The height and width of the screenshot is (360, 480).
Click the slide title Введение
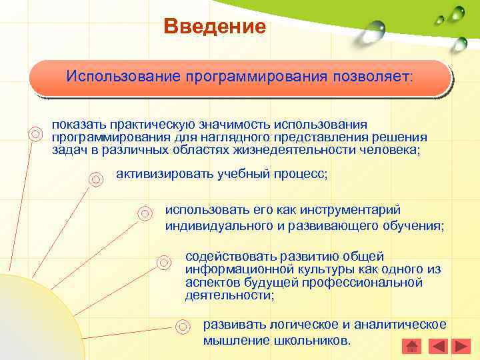[x=215, y=27]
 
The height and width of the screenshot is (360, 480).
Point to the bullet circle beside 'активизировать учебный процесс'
[x=96, y=178]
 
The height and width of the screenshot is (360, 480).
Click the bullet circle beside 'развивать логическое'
[x=182, y=327]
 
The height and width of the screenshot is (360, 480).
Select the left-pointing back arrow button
[x=437, y=346]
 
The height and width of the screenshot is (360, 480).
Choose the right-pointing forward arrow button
[x=461, y=346]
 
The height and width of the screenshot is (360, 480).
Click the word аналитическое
[x=400, y=325]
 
